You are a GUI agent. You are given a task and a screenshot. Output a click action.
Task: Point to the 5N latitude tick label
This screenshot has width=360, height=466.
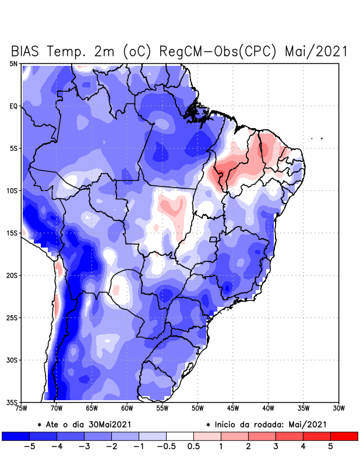[x=13, y=63]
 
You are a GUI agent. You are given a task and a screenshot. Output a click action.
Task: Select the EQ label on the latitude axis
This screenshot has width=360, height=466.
[x=13, y=106]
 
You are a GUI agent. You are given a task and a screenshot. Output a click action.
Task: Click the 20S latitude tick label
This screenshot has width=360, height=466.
[x=12, y=276]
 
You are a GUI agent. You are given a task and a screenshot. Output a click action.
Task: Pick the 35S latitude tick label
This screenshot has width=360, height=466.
[x=12, y=403]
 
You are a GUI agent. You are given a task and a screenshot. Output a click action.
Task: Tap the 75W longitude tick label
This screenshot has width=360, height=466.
[x=22, y=408]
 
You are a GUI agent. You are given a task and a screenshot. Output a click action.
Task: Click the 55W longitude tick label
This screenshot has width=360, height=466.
[x=163, y=408]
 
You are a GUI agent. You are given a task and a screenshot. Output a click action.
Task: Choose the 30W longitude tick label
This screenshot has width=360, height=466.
[x=339, y=408]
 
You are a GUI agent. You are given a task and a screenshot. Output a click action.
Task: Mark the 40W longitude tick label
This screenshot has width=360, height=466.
[x=269, y=408]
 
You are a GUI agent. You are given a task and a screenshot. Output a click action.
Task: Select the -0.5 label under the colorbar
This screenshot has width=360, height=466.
[x=165, y=446]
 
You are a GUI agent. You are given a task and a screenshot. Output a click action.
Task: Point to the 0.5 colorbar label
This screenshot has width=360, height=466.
[x=194, y=446]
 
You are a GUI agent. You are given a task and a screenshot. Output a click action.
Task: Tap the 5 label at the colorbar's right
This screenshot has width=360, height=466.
[x=330, y=446]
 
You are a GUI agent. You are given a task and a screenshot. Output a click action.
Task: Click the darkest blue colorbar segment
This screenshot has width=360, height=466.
[x=16, y=436]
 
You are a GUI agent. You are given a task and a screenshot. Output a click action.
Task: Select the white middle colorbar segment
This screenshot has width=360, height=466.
[x=179, y=436]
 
